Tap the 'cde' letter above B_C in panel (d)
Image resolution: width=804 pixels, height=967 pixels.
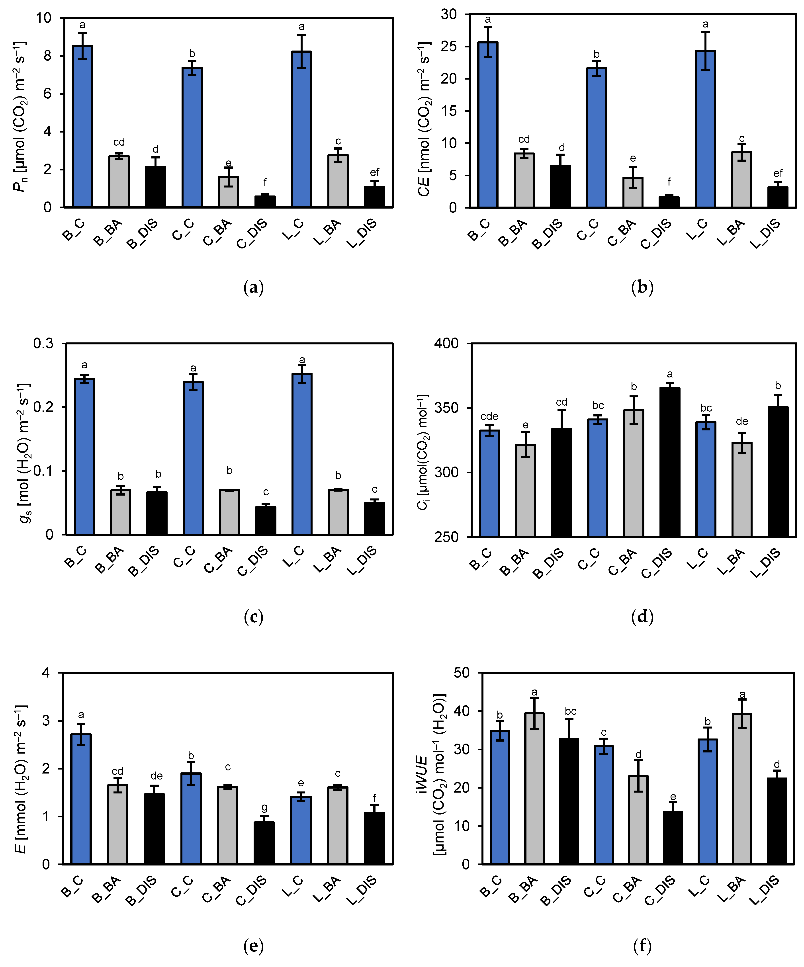click(489, 417)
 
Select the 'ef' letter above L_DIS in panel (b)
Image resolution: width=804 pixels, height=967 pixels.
click(778, 173)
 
